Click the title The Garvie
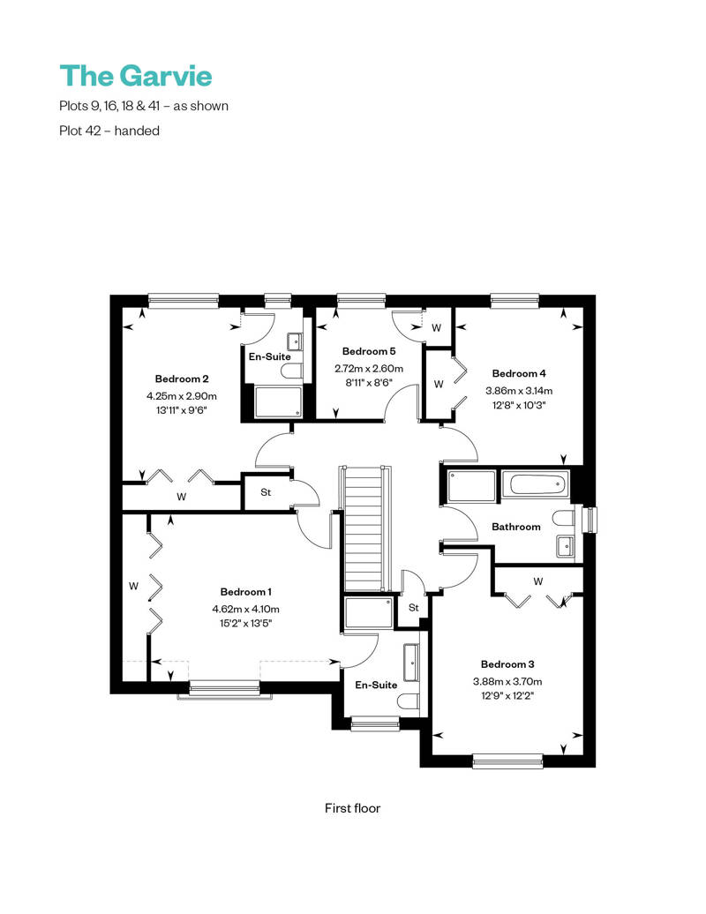click(136, 76)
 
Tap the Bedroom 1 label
click(245, 592)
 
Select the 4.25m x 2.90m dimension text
click(181, 396)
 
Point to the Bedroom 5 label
click(369, 351)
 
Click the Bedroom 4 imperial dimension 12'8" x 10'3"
click(519, 405)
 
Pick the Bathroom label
click(516, 527)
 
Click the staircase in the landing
click(365, 528)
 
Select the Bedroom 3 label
click(507, 664)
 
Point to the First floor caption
click(352, 808)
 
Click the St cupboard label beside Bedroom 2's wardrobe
click(266, 492)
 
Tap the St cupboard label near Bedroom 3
click(413, 607)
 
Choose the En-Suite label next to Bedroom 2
click(269, 356)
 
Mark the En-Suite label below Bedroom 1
click(376, 685)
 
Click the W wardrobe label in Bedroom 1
click(133, 586)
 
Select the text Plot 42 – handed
click(109, 131)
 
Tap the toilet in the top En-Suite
click(291, 371)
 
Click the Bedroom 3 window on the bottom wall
click(507, 760)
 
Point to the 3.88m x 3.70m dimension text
click(507, 681)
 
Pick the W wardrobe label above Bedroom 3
click(538, 581)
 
